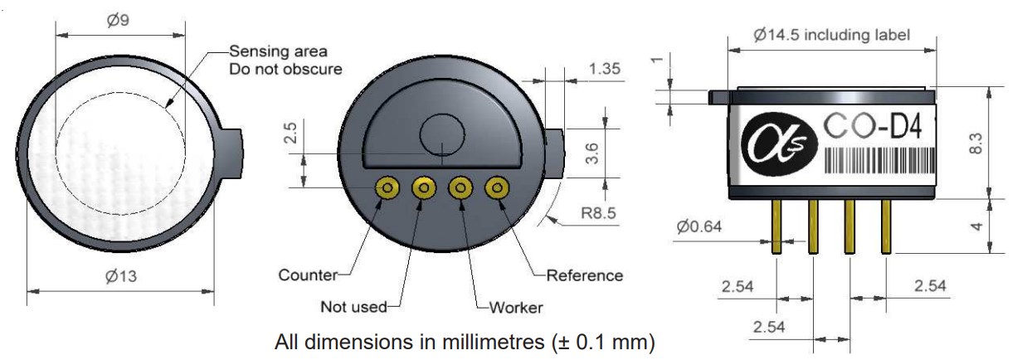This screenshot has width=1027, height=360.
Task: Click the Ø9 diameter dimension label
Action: (118, 20)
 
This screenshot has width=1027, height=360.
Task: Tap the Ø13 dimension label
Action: (121, 276)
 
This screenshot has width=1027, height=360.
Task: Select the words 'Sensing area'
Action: (278, 51)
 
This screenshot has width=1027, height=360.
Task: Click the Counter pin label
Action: (308, 275)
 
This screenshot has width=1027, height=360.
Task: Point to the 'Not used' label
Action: (353, 306)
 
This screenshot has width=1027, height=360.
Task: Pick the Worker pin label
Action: (516, 307)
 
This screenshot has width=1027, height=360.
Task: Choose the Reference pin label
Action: (585, 275)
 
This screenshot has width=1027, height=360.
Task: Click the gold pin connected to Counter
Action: (387, 188)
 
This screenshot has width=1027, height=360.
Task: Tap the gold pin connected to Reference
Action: (497, 188)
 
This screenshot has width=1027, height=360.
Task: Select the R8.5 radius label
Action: (598, 213)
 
